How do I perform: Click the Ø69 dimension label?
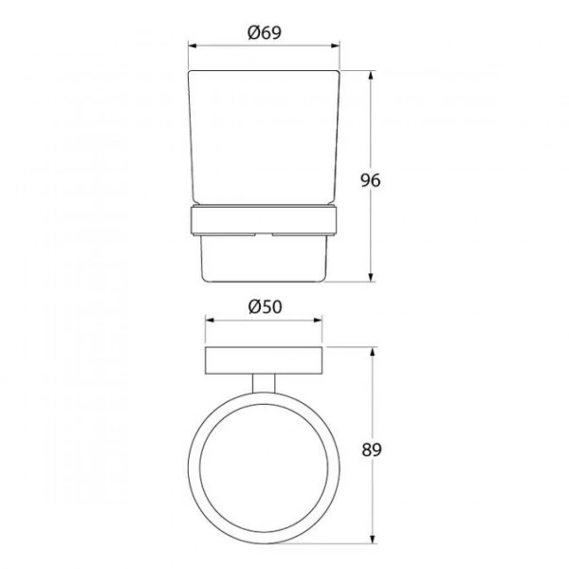click(265, 32)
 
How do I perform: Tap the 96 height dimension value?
click(371, 180)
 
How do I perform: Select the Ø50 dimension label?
click(265, 307)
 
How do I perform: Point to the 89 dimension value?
click(372, 450)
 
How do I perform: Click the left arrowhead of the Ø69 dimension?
click(193, 46)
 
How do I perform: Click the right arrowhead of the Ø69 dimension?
click(336, 46)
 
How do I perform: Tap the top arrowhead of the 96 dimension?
click(371, 76)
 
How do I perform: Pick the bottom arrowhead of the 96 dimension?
click(371, 277)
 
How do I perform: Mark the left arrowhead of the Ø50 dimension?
click(210, 321)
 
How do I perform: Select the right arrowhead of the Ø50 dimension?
click(318, 321)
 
